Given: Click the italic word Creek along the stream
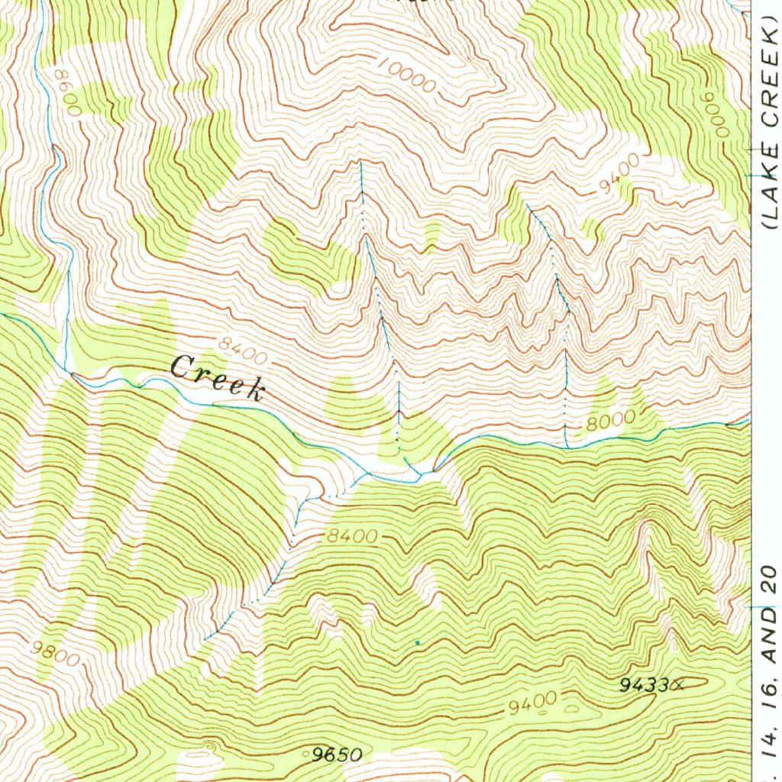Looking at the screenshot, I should pos(217,377).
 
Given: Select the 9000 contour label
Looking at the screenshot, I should pos(716,115).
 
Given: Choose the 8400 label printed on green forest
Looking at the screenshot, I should pos(352,537).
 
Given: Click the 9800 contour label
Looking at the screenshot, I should pos(55,654).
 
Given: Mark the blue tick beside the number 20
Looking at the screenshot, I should pos(752,606).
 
